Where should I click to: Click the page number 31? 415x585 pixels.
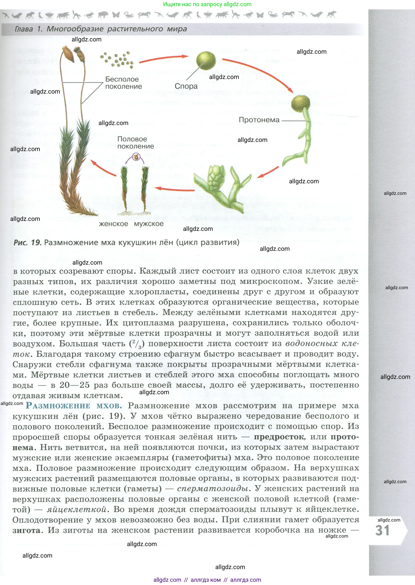382,530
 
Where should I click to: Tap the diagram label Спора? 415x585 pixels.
186,86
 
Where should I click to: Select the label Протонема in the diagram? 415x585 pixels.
259,120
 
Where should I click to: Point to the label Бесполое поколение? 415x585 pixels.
123,83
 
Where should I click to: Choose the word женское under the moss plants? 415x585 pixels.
113,224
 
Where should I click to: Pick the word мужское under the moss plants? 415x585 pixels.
149,224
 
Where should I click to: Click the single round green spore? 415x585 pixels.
206,61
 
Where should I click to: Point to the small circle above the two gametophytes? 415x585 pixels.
137,157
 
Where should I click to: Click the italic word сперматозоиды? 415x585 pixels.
213,489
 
